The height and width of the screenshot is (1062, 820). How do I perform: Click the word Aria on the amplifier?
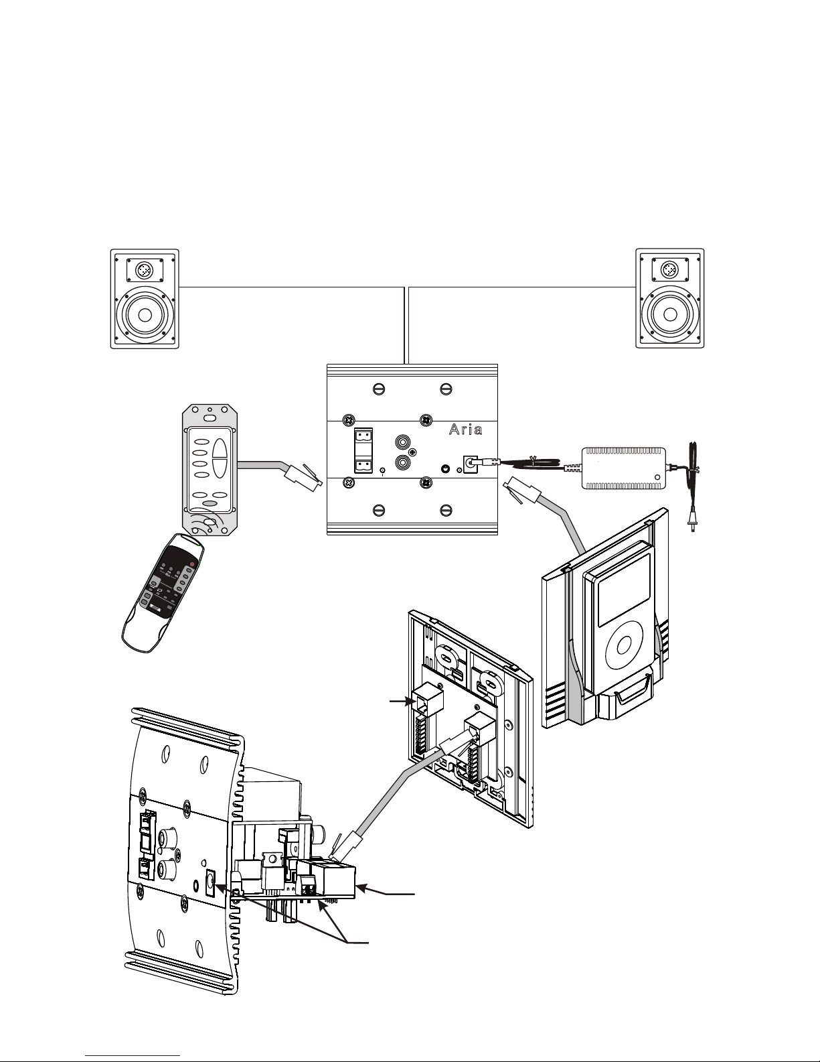465,429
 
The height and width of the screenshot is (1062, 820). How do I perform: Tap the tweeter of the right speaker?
669,270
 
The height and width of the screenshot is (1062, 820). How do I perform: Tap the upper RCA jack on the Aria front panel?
403,443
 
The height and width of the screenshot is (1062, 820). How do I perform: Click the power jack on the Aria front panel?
471,462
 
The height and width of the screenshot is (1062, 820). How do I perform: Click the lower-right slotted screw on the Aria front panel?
446,511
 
